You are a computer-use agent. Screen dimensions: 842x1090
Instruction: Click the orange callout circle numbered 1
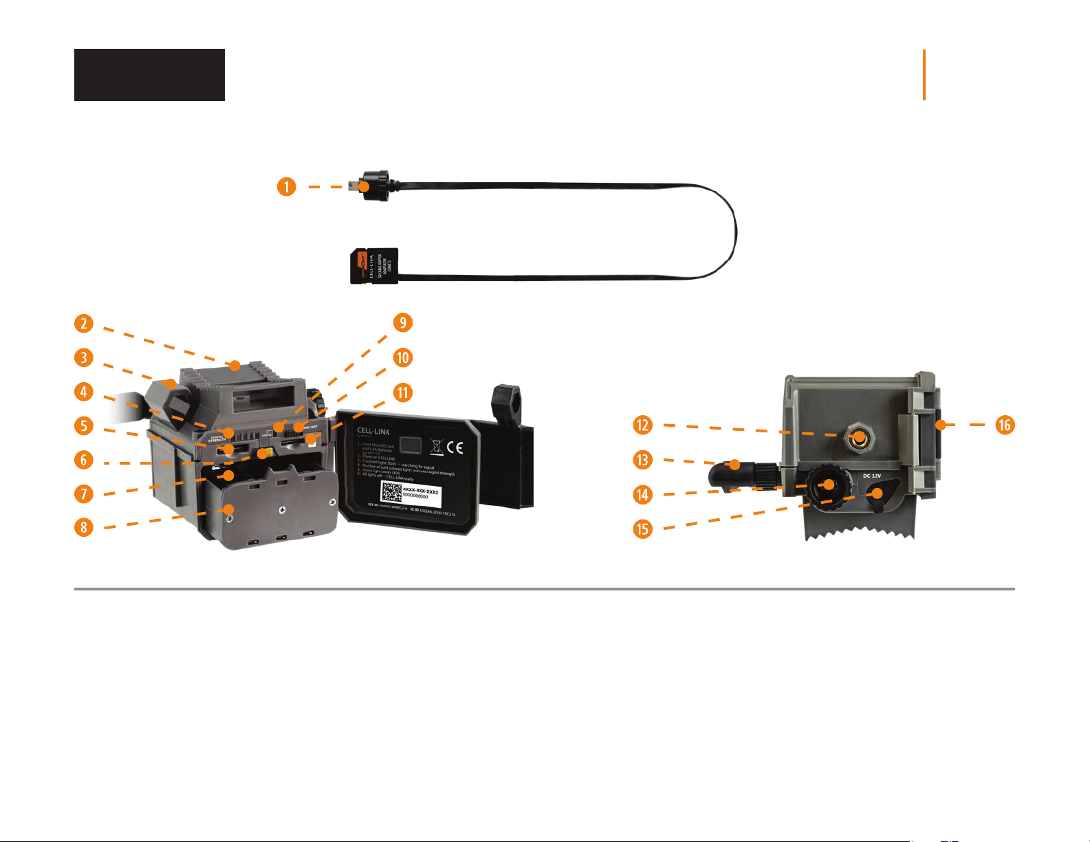[x=287, y=186]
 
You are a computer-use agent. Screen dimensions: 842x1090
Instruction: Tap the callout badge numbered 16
[x=1005, y=425]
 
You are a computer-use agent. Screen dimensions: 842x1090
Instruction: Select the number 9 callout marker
[x=402, y=322]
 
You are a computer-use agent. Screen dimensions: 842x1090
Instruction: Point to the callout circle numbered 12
[x=642, y=425]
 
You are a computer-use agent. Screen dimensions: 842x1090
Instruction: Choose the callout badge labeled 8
[x=84, y=527]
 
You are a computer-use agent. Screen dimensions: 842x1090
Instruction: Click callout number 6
[x=84, y=459]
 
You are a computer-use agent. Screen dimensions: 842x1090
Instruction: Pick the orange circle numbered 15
[x=642, y=528]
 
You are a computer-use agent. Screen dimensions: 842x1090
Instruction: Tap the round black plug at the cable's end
[x=375, y=186]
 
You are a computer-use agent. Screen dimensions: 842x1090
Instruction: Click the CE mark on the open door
[x=455, y=447]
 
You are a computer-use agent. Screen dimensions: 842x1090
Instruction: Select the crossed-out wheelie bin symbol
[x=435, y=447]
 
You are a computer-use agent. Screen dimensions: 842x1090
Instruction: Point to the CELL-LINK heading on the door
[x=373, y=432]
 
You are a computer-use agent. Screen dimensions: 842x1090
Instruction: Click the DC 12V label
[x=871, y=476]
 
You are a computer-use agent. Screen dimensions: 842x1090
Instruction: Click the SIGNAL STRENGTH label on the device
[x=217, y=437]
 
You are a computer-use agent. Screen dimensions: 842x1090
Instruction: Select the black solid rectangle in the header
[x=149, y=75]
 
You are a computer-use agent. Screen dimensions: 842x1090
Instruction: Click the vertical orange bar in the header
[x=924, y=75]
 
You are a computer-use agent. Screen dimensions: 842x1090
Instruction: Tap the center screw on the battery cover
[x=281, y=510]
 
